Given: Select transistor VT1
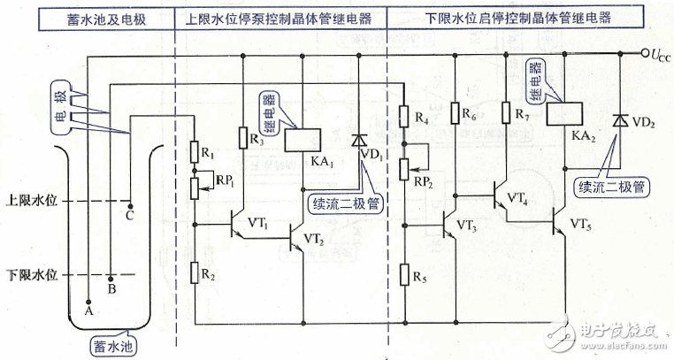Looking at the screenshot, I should point(237,225).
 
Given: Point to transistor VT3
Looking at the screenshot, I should point(446,226).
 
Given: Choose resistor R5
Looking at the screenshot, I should point(405,271).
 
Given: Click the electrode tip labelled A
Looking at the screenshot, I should point(88,302).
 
